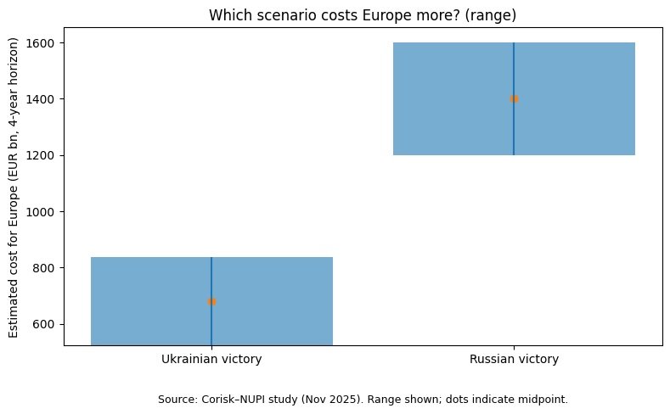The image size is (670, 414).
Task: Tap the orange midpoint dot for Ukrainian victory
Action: click(x=211, y=301)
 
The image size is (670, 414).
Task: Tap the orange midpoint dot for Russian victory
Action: click(x=514, y=98)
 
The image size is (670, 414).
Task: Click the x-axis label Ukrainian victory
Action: click(x=211, y=360)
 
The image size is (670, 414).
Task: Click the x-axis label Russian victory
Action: click(x=514, y=360)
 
